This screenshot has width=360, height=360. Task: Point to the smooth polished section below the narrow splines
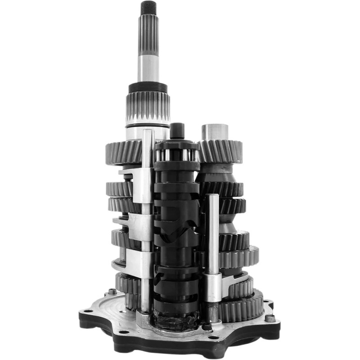(x=148, y=67)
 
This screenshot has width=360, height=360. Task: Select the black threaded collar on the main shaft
(x=148, y=87)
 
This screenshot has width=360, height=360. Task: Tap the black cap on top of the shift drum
(x=177, y=130)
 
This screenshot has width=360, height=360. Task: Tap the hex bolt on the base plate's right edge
(x=270, y=319)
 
